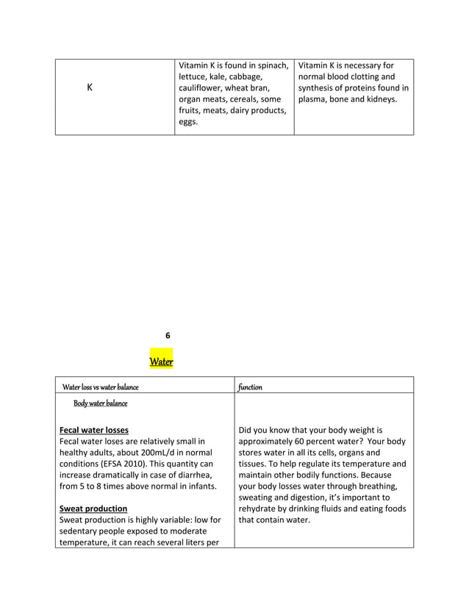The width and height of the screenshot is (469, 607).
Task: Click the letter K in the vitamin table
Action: (89, 87)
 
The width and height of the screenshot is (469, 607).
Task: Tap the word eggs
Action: (188, 122)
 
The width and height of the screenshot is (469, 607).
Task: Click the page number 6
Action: (168, 335)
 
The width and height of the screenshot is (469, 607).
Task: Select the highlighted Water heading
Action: (161, 362)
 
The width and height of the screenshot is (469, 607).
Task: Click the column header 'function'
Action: (251, 387)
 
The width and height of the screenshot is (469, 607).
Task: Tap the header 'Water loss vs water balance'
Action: (100, 387)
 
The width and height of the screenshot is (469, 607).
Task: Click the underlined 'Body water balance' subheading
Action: (100, 403)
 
